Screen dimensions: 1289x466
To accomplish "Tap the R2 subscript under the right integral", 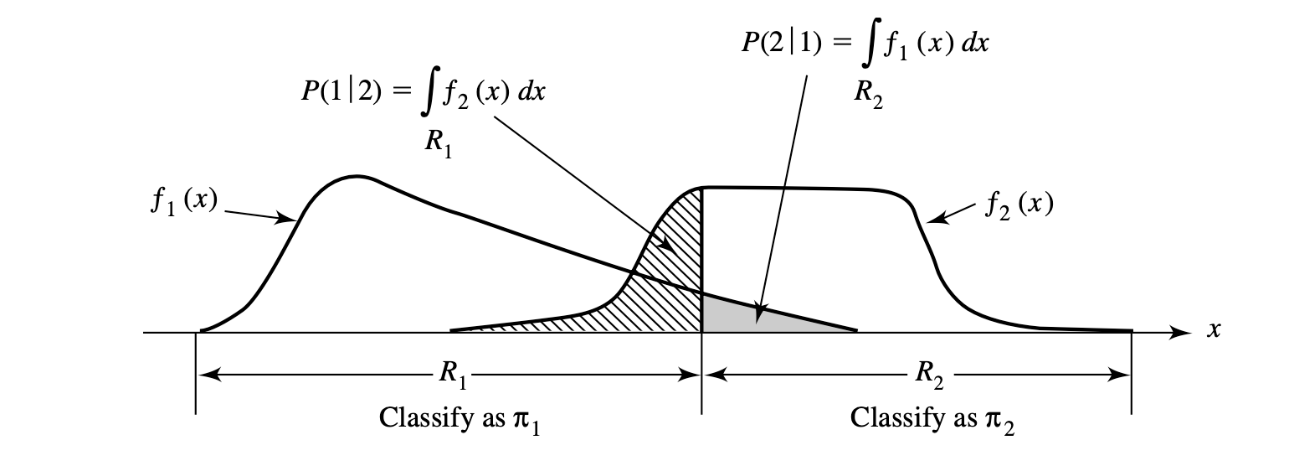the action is click(x=868, y=91).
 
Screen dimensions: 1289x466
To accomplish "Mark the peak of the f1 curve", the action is click(x=357, y=176).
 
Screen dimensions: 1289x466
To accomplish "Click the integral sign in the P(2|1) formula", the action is click(x=872, y=44).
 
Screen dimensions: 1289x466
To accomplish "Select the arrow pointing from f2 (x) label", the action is click(x=953, y=214).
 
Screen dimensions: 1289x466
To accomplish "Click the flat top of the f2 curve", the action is click(x=804, y=189).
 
